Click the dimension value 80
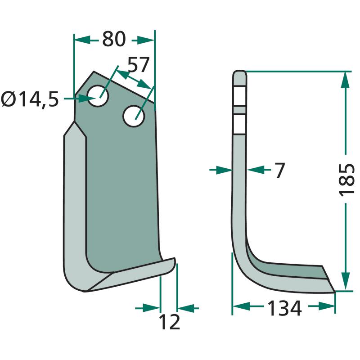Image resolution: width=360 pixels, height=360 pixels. point(114,39)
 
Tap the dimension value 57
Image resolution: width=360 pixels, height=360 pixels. point(139,65)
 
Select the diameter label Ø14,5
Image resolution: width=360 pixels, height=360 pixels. point(30,99)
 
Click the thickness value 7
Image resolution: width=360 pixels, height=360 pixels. point(280,170)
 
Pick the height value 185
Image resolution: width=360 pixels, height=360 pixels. point(346,180)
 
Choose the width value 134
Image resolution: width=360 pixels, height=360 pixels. point(285,308)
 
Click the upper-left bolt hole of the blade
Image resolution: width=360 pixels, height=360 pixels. point(98,96)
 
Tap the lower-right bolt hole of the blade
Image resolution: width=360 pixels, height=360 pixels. point(134,116)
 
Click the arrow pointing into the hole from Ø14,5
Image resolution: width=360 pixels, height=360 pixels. point(80,99)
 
